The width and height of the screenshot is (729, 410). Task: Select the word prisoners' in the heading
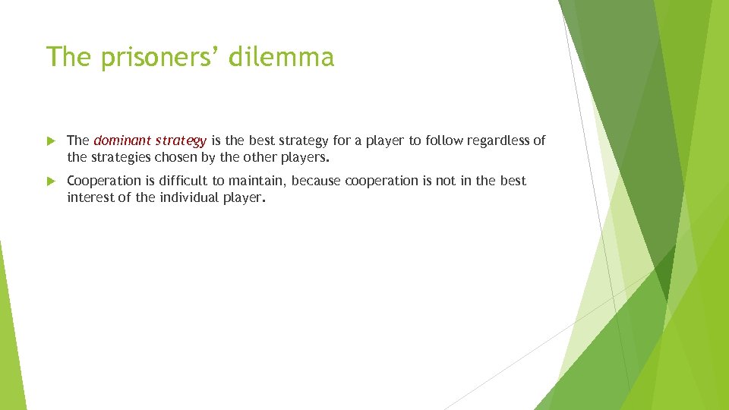coord(162,57)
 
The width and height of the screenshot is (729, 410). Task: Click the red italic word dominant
coord(121,140)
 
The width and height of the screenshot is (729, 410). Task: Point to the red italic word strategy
coord(181,141)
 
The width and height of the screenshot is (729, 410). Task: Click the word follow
coord(433,140)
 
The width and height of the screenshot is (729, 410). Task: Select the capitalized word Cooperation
coord(104,181)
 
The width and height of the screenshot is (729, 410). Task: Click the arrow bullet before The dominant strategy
coord(51,141)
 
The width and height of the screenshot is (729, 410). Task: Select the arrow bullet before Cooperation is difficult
coord(51,181)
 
